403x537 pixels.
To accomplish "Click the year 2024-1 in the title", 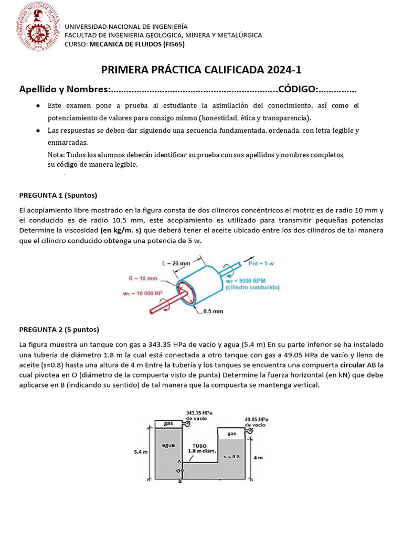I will pos(283,70).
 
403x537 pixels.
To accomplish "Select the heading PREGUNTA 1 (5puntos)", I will pos(58,196).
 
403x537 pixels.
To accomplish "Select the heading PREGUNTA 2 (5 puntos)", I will pos(59,329).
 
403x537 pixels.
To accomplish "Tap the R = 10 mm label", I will pos(143,278).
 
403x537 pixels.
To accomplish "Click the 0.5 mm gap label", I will pos(213,311).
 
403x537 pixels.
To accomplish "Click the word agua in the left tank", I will pos(168,445).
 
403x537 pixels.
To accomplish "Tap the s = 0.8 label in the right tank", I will pos(231,457).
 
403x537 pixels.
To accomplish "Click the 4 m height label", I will pos(258,457).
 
